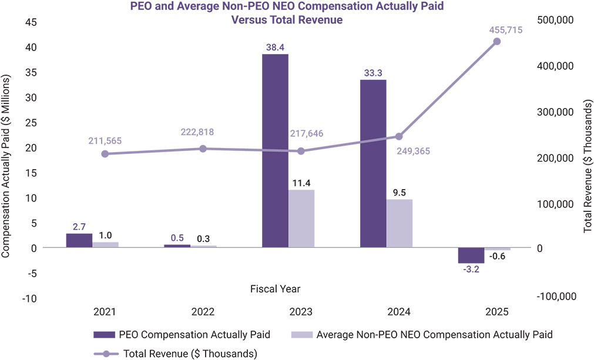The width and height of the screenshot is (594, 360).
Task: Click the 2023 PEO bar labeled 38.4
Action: (275, 150)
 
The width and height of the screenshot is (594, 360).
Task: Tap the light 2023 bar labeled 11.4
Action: (301, 218)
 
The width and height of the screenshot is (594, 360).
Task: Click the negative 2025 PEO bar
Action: (471, 255)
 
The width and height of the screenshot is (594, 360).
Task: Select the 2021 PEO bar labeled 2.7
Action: (79, 240)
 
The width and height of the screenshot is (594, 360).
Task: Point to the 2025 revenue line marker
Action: (496, 41)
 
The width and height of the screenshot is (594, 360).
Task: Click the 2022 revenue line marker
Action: (203, 149)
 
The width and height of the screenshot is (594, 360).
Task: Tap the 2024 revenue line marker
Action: (399, 136)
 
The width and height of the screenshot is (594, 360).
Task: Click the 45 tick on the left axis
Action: (29, 22)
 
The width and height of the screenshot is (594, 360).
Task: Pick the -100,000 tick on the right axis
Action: (555, 297)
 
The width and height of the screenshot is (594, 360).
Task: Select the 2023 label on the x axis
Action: (301, 311)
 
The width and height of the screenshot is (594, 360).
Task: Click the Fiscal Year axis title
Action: (275, 288)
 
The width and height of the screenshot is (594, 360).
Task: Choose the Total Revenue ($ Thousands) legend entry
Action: (176, 354)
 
